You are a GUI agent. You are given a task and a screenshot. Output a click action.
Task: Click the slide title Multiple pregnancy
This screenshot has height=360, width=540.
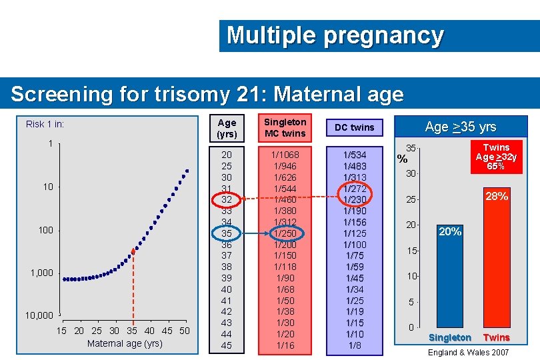click(335, 35)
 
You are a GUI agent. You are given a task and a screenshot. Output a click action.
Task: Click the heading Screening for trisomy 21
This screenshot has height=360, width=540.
click(207, 94)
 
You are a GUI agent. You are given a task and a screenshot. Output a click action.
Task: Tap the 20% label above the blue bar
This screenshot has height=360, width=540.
click(449, 231)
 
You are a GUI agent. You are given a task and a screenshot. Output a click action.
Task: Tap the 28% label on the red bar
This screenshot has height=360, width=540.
click(496, 196)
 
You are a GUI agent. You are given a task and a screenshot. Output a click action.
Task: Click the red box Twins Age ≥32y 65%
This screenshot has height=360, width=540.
click(495, 157)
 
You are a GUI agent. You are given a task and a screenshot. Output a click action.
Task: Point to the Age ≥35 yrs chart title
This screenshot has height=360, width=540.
click(460, 127)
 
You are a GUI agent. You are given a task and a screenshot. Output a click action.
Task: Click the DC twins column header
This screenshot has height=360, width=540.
click(354, 127)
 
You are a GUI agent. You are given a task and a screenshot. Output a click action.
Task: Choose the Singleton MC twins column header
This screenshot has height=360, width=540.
click(285, 127)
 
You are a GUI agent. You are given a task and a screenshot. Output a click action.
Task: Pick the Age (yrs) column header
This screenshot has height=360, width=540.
click(227, 127)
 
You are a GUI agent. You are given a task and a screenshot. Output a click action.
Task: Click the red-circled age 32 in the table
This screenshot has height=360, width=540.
click(227, 199)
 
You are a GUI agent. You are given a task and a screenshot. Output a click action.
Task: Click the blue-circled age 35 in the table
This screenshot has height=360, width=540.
click(227, 233)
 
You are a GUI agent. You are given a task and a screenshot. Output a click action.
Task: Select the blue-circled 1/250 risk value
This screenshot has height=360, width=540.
click(285, 233)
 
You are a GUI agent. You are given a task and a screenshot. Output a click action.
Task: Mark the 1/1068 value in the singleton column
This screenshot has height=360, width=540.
click(285, 155)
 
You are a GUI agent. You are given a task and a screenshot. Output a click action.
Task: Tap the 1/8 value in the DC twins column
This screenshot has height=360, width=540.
click(354, 345)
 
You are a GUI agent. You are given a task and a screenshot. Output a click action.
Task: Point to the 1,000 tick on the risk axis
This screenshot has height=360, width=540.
click(41, 273)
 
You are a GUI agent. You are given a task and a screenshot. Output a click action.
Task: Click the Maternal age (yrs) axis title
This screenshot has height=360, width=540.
click(125, 343)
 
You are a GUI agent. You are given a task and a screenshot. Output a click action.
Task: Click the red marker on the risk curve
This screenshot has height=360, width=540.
click(133, 251)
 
